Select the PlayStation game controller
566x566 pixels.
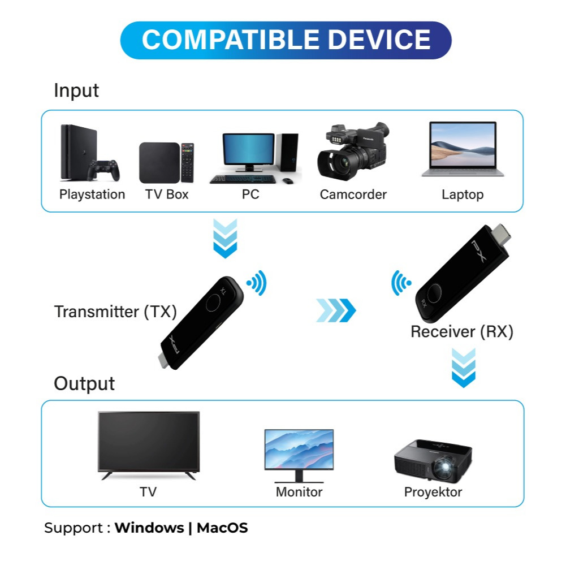pyautogui.click(x=103, y=170)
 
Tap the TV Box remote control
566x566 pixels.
pyautogui.click(x=187, y=162)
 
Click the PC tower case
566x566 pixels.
pyautogui.click(x=287, y=152)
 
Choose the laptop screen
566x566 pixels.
pyautogui.click(x=463, y=144)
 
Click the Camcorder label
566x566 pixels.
pyautogui.click(x=353, y=195)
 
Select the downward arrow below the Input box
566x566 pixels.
pyautogui.click(x=225, y=238)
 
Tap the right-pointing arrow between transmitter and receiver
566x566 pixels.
pyautogui.click(x=336, y=310)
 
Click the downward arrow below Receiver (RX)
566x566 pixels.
pyautogui.click(x=464, y=368)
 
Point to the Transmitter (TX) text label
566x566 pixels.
pyautogui.click(x=115, y=312)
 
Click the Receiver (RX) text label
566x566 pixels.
pyautogui.click(x=462, y=332)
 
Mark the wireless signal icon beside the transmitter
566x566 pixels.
pyautogui.click(x=257, y=283)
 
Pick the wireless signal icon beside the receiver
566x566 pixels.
pyautogui.click(x=401, y=283)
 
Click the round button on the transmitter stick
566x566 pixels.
pyautogui.click(x=214, y=303)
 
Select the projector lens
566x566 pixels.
pyautogui.click(x=445, y=467)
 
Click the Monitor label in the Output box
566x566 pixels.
pyautogui.click(x=299, y=492)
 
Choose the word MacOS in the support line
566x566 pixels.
pyautogui.click(x=222, y=528)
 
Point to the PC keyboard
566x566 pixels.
pyautogui.click(x=243, y=179)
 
